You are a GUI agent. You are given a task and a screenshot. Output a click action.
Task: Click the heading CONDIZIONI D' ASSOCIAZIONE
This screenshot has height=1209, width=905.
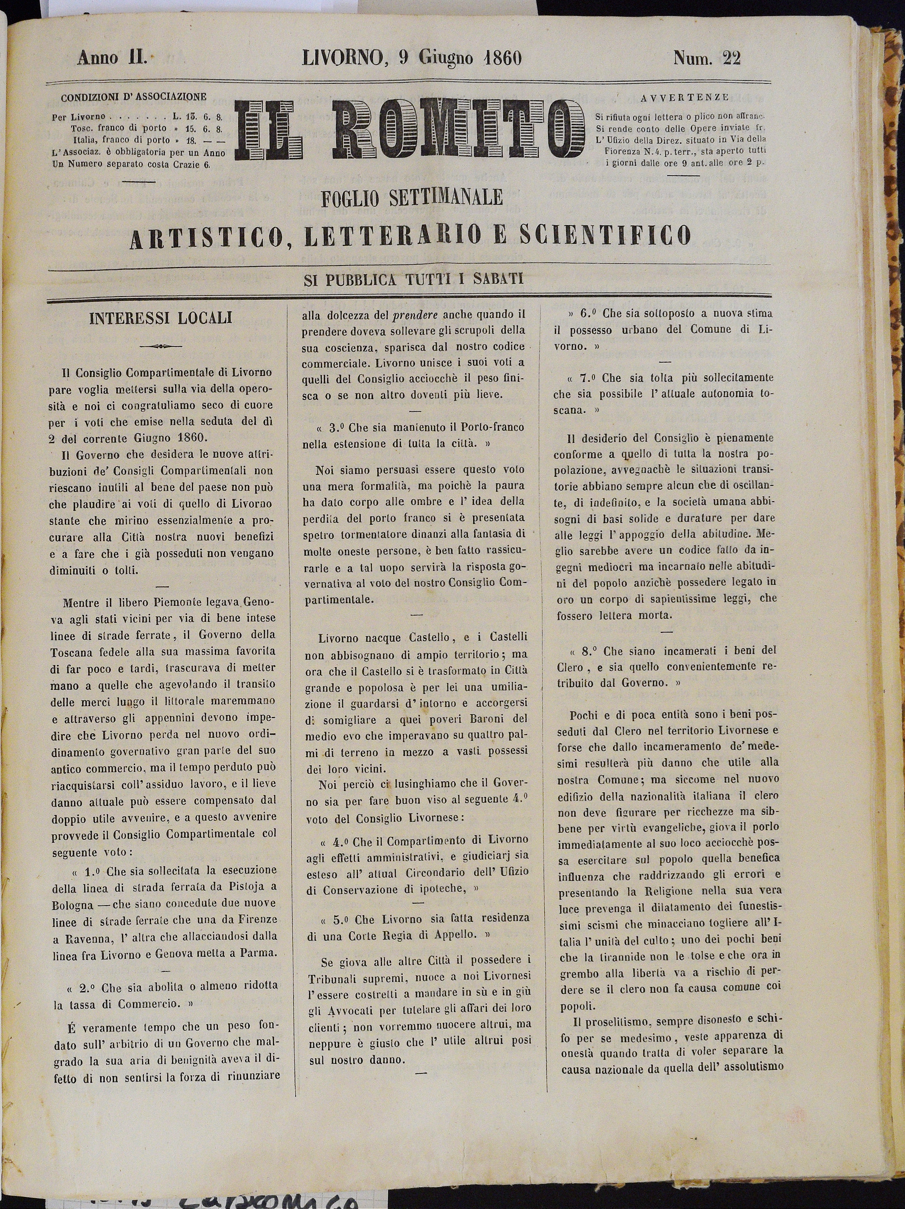tap(133, 98)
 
